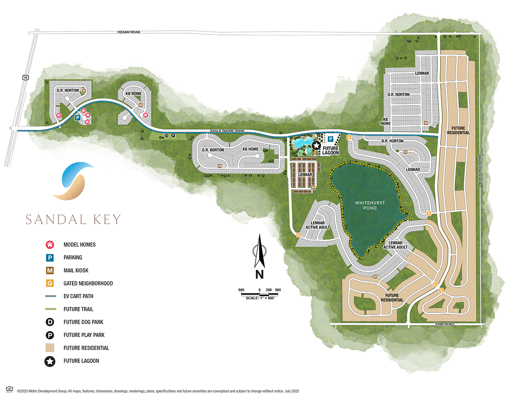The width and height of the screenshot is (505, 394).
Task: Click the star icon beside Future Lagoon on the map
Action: [x=316, y=146]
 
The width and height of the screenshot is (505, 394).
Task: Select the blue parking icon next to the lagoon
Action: [x=330, y=139]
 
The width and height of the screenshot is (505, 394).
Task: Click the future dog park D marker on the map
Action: [x=166, y=135]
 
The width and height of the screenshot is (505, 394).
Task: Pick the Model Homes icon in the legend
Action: [x=50, y=245]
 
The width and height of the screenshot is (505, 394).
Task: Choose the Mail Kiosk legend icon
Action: [x=50, y=270]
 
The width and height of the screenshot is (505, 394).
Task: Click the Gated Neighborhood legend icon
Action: [x=50, y=283]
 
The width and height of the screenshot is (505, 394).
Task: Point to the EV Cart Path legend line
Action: [x=50, y=296]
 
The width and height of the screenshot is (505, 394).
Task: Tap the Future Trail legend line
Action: [x=50, y=309]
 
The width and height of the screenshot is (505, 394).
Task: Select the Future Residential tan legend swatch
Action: [x=50, y=348]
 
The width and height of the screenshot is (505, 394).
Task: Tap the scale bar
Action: [x=260, y=293]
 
